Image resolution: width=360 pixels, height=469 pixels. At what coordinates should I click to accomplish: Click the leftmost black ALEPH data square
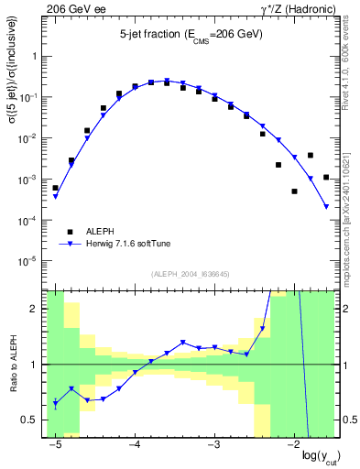tap(55, 188)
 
